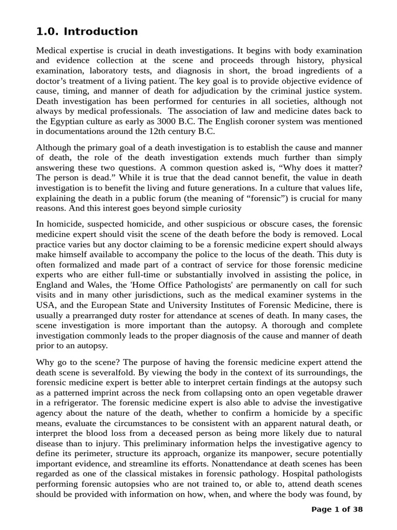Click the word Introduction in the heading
point(101,32)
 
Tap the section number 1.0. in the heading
point(48,32)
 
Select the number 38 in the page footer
point(357,509)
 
